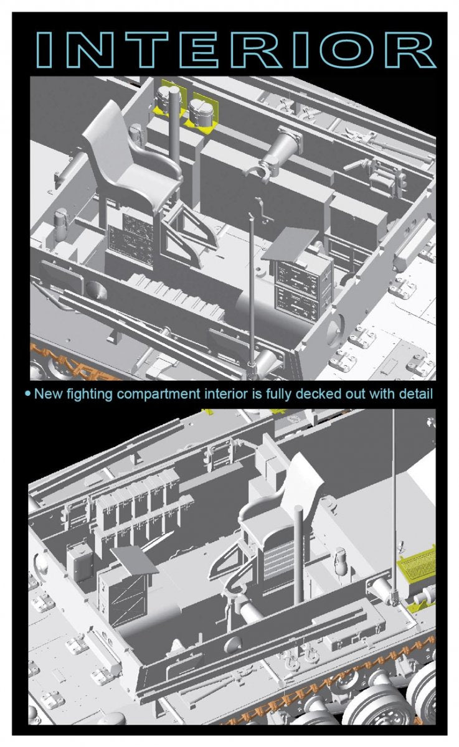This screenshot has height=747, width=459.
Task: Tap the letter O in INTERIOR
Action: tap(346, 49)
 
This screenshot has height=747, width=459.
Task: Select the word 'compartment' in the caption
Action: tap(159, 395)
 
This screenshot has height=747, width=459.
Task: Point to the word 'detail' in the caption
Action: tap(415, 394)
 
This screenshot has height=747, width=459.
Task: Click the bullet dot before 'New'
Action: tap(28, 394)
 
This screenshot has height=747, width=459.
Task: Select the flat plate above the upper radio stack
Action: tap(288, 245)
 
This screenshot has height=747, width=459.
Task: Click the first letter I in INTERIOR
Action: tap(44, 49)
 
